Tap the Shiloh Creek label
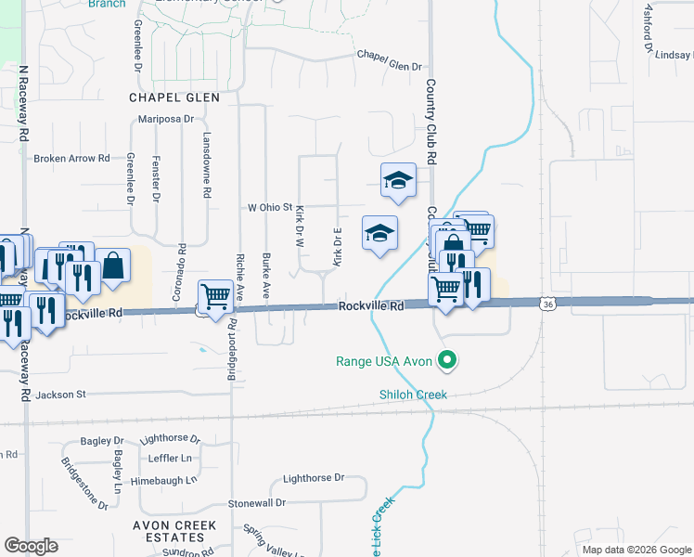coord(413,395)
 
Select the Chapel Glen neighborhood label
coord(174,97)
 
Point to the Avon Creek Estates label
coord(177,532)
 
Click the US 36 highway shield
coord(549,304)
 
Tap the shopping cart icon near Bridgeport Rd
coord(216,298)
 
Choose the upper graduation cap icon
coord(398,181)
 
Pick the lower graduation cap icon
coord(379,234)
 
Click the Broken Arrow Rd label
coord(71,159)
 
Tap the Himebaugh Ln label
coord(164,480)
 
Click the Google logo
coord(31,546)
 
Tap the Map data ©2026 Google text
coord(636,550)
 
